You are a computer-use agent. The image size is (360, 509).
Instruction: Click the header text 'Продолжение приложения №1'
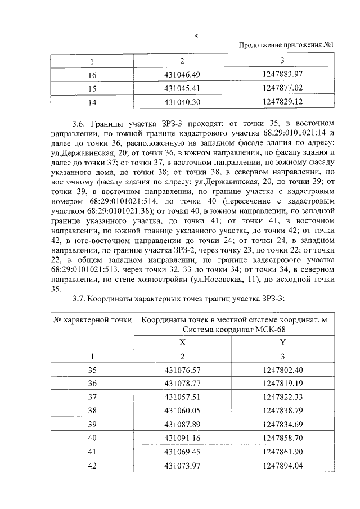287,46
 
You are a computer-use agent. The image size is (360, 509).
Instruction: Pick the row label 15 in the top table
92,88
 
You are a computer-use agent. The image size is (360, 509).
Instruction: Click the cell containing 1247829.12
282,102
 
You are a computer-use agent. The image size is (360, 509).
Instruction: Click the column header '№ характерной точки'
92,320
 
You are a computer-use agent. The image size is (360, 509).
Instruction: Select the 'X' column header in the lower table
182,341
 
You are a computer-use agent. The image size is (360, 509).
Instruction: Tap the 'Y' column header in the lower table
282,341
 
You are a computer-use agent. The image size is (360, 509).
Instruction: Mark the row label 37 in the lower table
92,397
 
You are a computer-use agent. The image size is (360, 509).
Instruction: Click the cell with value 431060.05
182,410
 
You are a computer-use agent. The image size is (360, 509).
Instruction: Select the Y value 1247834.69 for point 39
282,424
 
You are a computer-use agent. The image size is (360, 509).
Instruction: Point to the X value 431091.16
182,437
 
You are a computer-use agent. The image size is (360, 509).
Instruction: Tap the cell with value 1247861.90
282,451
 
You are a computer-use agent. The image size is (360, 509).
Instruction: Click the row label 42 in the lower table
92,464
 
